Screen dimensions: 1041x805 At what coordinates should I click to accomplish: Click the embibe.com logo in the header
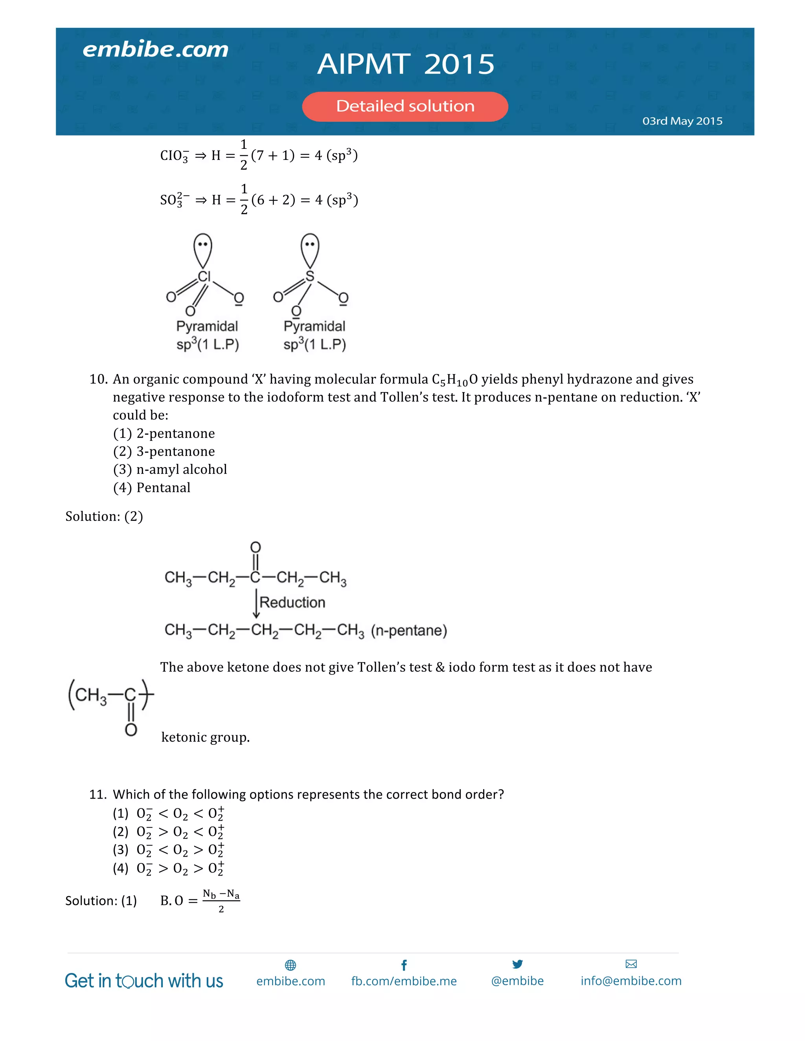pyautogui.click(x=156, y=49)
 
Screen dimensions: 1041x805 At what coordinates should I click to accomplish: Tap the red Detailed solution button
pyautogui.click(x=405, y=106)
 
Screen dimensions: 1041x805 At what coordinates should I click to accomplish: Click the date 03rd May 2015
pyautogui.click(x=682, y=121)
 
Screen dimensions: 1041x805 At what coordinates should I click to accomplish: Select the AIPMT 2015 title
pyautogui.click(x=406, y=64)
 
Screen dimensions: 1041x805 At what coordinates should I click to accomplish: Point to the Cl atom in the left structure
pyautogui.click(x=204, y=277)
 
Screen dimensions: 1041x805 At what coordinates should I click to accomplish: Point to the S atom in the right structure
pyautogui.click(x=310, y=276)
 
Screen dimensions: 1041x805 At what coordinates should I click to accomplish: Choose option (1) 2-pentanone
pyautogui.click(x=164, y=433)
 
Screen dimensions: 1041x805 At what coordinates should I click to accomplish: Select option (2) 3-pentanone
pyautogui.click(x=164, y=451)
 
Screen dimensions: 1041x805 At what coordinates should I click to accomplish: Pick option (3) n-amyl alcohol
pyautogui.click(x=170, y=469)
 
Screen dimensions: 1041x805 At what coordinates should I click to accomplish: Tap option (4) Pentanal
pyautogui.click(x=152, y=488)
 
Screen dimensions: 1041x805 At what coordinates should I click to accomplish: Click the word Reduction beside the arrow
pyautogui.click(x=292, y=603)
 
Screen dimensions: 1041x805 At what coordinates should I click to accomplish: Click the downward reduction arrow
pyautogui.click(x=256, y=604)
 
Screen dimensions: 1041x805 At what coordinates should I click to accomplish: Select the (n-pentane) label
pyautogui.click(x=409, y=630)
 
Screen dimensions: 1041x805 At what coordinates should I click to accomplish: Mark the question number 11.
pyautogui.click(x=98, y=795)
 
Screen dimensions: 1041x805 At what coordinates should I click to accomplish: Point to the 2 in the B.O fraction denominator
pyautogui.click(x=221, y=909)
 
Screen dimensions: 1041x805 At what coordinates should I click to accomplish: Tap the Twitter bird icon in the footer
pyautogui.click(x=517, y=964)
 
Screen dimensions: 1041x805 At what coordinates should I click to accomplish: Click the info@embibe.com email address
pyautogui.click(x=631, y=981)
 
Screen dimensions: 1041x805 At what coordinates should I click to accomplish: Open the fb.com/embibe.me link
pyautogui.click(x=404, y=981)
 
